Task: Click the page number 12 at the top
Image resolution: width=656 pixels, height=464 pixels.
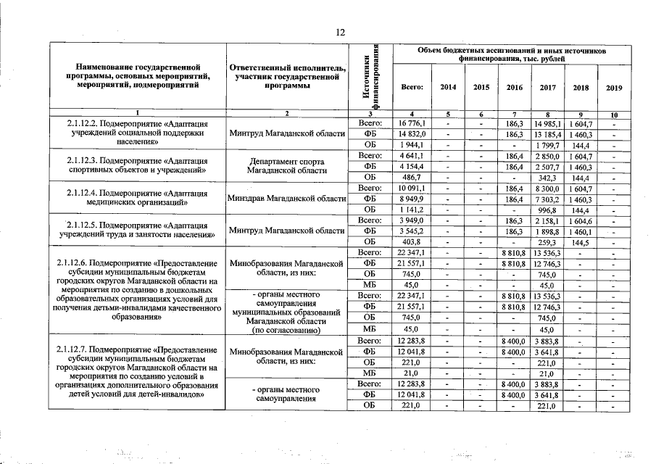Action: click(x=340, y=32)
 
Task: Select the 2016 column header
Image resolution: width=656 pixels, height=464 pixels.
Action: click(x=514, y=88)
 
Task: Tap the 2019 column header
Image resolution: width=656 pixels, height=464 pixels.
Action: click(x=614, y=88)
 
